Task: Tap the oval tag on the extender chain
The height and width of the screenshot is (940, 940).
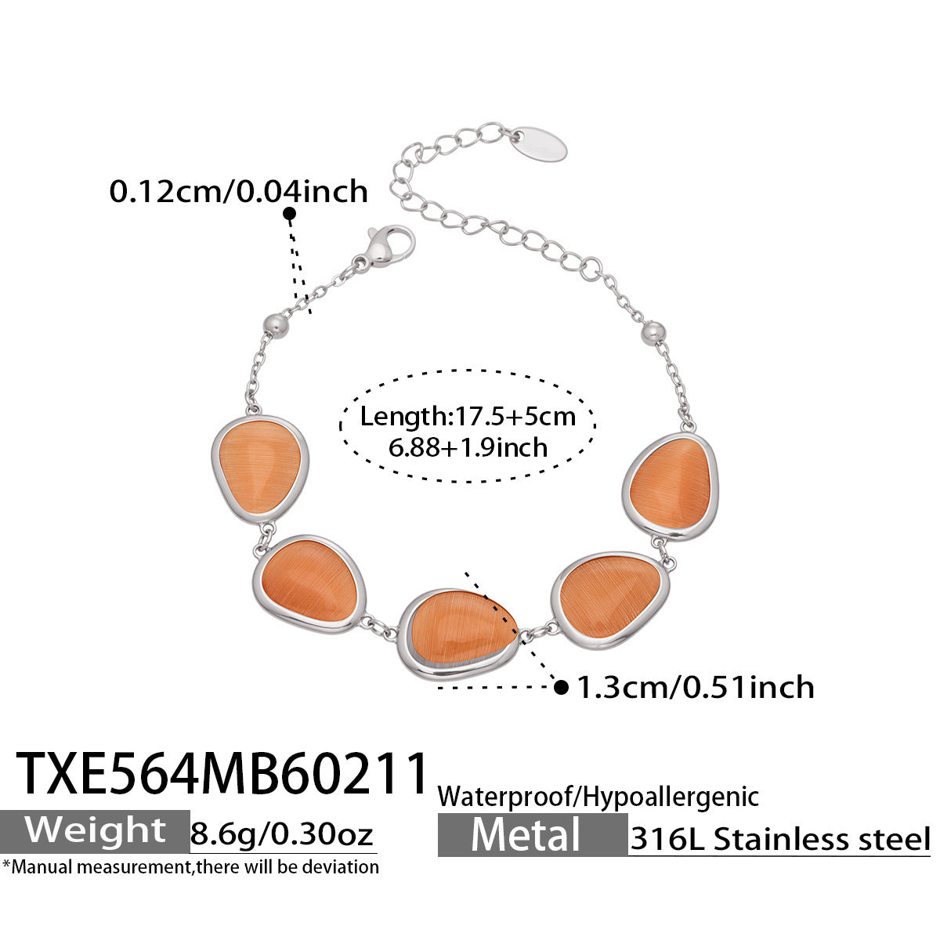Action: [x=540, y=143]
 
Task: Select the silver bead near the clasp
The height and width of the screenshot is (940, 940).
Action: [x=275, y=324]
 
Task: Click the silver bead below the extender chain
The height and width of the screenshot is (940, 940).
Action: [x=653, y=333]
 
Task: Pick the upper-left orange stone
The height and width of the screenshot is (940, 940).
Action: [x=260, y=471]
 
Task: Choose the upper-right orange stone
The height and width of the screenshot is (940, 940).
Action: [x=670, y=486]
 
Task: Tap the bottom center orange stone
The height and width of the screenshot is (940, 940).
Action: [x=459, y=634]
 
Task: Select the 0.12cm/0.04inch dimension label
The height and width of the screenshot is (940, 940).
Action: [x=239, y=191]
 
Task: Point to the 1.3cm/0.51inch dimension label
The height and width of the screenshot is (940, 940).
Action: [x=696, y=687]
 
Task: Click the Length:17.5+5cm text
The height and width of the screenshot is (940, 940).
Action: [x=468, y=416]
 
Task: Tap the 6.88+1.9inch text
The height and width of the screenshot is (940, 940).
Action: [x=468, y=447]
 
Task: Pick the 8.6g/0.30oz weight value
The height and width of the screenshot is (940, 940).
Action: [x=282, y=834]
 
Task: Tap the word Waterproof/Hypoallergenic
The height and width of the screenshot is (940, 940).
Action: [x=598, y=798]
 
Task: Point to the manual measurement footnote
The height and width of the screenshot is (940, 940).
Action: [x=190, y=867]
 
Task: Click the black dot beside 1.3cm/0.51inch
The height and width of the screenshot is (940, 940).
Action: [x=562, y=688]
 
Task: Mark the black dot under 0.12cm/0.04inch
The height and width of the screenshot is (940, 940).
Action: [x=289, y=214]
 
